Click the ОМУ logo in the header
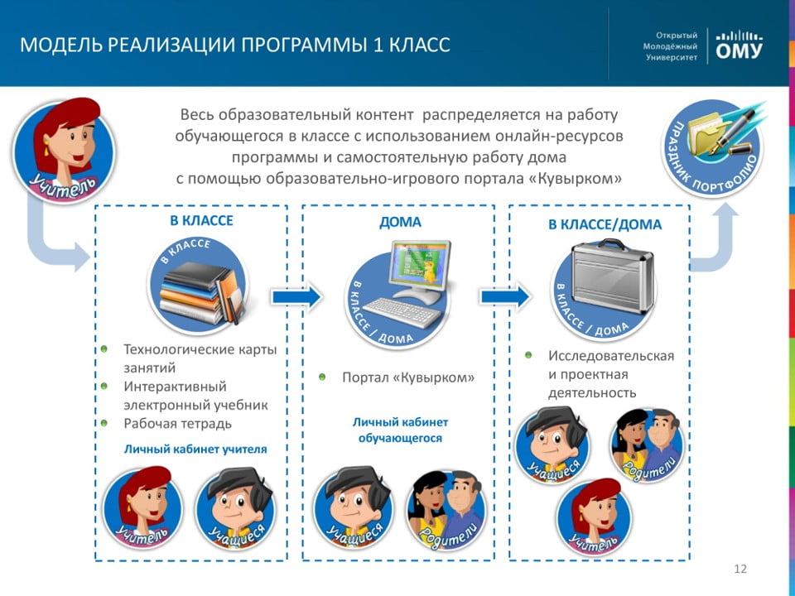[739, 46]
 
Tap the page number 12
[740, 569]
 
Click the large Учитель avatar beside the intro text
[65, 151]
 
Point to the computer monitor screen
[419, 264]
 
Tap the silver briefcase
[612, 276]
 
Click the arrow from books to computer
[296, 296]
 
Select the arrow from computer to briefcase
[505, 296]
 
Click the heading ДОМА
[400, 222]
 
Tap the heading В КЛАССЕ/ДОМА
[605, 224]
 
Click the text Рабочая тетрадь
[177, 424]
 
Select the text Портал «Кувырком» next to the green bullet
[408, 377]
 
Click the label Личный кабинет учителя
[195, 449]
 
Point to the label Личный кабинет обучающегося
[400, 430]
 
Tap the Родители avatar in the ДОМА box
[446, 510]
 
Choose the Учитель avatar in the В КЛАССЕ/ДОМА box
[595, 517]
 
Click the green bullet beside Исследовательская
[528, 355]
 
